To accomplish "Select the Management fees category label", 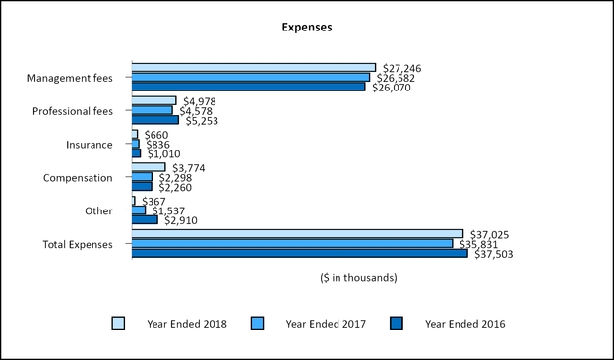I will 70,78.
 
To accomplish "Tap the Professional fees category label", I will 73,111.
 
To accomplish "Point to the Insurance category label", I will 90,145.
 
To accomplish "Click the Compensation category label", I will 79,178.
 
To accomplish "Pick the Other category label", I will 99,211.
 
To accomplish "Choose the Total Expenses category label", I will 78,245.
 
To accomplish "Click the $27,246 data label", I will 402,67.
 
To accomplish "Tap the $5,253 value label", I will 202,121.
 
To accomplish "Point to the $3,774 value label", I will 189,167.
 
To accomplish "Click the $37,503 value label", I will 494,254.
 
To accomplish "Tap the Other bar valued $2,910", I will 145,219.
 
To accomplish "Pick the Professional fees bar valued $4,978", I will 153,100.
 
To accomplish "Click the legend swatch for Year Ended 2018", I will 119,323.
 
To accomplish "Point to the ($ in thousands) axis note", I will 358,278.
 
